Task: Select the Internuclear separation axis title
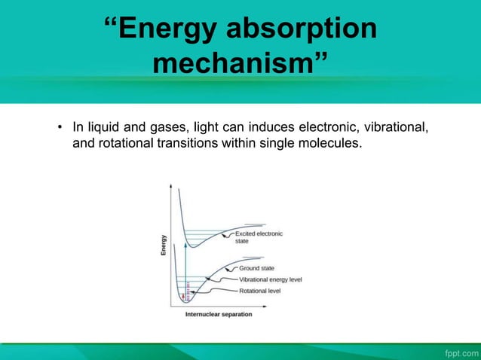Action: [x=219, y=315]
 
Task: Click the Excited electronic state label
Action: [x=259, y=237]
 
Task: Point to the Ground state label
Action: [x=257, y=268]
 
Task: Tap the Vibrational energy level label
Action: [x=271, y=279]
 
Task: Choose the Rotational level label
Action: [x=260, y=290]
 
